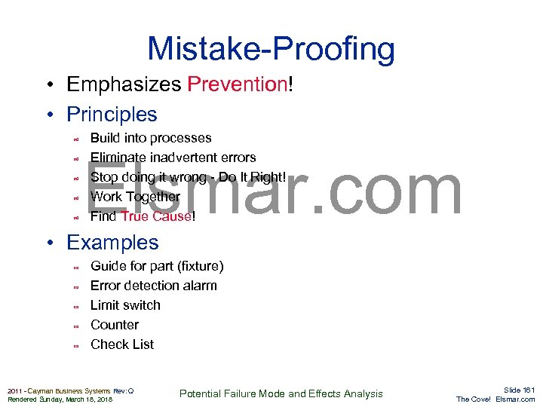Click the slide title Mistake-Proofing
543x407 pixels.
point(271,49)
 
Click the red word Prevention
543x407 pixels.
point(237,84)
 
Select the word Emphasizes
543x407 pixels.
point(124,84)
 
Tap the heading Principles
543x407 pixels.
point(112,115)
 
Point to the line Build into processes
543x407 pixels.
point(151,138)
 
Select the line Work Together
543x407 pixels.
point(135,197)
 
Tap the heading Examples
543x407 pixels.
point(112,243)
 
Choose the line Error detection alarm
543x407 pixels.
point(153,286)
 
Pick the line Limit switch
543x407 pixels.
point(125,305)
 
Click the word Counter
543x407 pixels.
point(115,325)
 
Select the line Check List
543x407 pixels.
point(122,344)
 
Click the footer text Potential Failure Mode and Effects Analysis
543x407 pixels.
point(281,393)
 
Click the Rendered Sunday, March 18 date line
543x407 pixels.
point(60,399)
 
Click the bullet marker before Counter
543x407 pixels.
point(75,326)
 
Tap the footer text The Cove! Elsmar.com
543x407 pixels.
point(495,399)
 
